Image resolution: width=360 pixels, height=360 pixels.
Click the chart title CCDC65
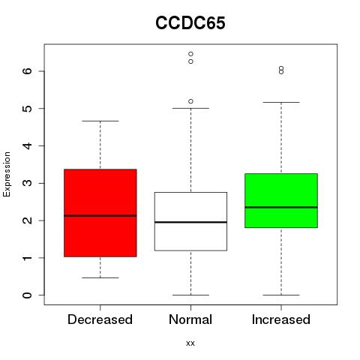coord(190,23)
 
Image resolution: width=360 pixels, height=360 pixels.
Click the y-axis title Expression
coord(7,174)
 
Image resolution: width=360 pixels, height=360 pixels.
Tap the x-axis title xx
coord(190,343)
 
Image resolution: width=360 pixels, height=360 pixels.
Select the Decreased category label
coord(100,319)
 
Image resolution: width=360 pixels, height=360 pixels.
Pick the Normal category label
coord(190,319)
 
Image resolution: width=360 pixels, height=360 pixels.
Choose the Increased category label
coord(281,319)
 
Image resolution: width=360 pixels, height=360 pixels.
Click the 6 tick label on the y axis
coord(27,71)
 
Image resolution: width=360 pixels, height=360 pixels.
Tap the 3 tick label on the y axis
coord(27,183)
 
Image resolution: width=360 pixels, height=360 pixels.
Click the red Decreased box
coord(100,213)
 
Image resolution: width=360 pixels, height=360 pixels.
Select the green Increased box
coord(281,200)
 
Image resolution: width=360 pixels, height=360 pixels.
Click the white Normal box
coord(190,221)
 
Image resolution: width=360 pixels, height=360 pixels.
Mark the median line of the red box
coord(100,215)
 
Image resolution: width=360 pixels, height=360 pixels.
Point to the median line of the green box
coord(281,207)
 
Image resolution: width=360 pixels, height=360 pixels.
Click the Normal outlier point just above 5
coord(190,101)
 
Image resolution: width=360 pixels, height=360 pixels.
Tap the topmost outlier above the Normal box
coord(190,54)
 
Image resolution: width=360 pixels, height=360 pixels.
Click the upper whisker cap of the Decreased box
coord(100,121)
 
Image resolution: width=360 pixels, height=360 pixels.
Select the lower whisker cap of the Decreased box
coord(100,277)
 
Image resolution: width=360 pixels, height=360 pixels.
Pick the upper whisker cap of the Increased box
coord(281,102)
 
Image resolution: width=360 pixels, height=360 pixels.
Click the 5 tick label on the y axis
coord(27,109)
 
